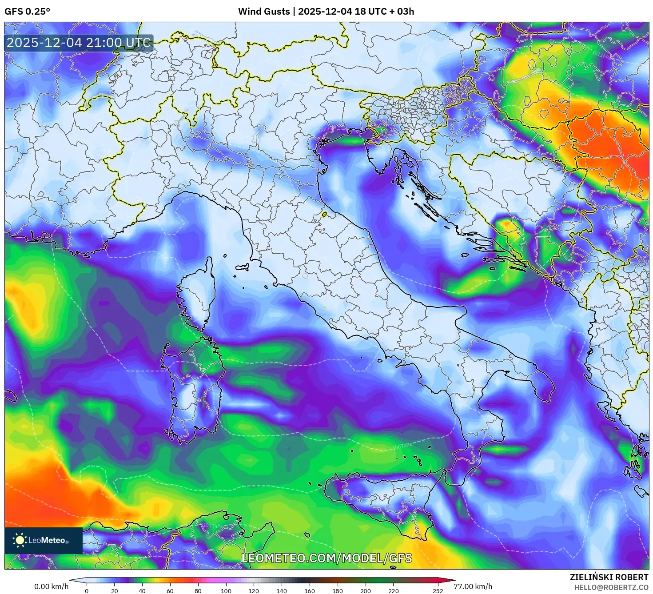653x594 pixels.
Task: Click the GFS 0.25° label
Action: click(x=27, y=12)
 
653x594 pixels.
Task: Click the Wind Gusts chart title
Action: click(x=326, y=12)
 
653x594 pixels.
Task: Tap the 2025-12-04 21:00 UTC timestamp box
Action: click(x=79, y=43)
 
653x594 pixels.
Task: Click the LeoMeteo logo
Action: click(x=44, y=540)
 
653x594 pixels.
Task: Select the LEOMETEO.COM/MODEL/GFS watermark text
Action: click(x=326, y=558)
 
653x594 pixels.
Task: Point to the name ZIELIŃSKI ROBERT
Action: click(x=609, y=577)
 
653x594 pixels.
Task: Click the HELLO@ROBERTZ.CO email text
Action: click(x=611, y=587)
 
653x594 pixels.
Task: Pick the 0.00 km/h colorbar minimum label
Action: click(x=51, y=586)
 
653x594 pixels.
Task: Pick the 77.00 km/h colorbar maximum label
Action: click(x=473, y=586)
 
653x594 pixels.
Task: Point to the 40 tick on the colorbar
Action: click(x=142, y=591)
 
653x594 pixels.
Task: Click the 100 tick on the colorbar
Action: click(x=226, y=591)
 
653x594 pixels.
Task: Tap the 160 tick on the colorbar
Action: click(x=309, y=591)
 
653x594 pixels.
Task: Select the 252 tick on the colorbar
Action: click(x=438, y=591)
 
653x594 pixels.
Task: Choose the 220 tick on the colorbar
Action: click(x=393, y=591)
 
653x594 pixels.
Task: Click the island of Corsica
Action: click(x=197, y=298)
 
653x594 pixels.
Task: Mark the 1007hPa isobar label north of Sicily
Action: click(x=402, y=446)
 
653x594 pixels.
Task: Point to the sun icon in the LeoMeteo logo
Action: click(x=20, y=540)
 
